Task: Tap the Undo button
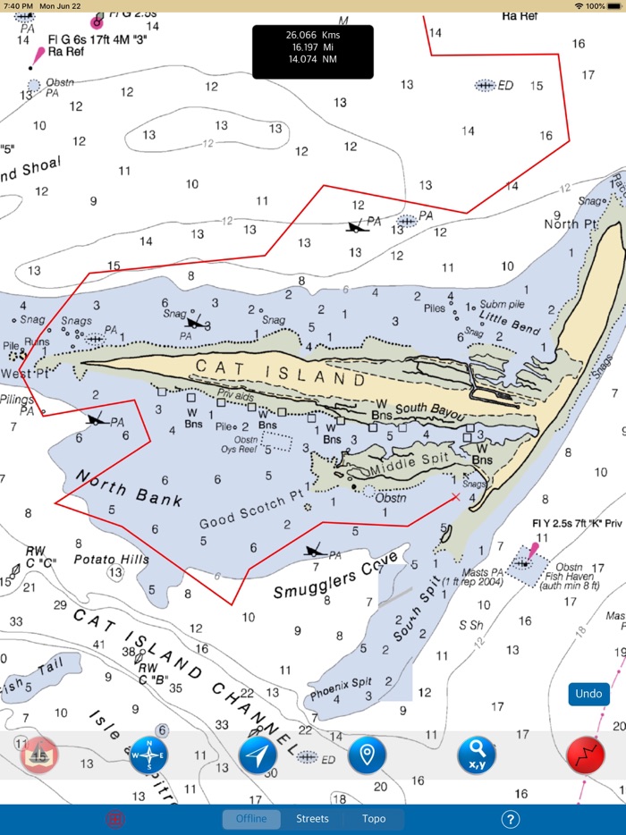point(588,694)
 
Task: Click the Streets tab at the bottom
point(312,818)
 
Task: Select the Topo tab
point(374,818)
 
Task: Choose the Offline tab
point(251,818)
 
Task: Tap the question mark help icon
point(511,819)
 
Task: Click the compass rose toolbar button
point(148,755)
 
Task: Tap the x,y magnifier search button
point(477,755)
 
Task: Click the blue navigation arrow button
point(258,755)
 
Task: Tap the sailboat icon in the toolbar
point(39,755)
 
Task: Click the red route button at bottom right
point(586,755)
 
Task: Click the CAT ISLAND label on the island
point(280,373)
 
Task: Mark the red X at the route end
point(456,497)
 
